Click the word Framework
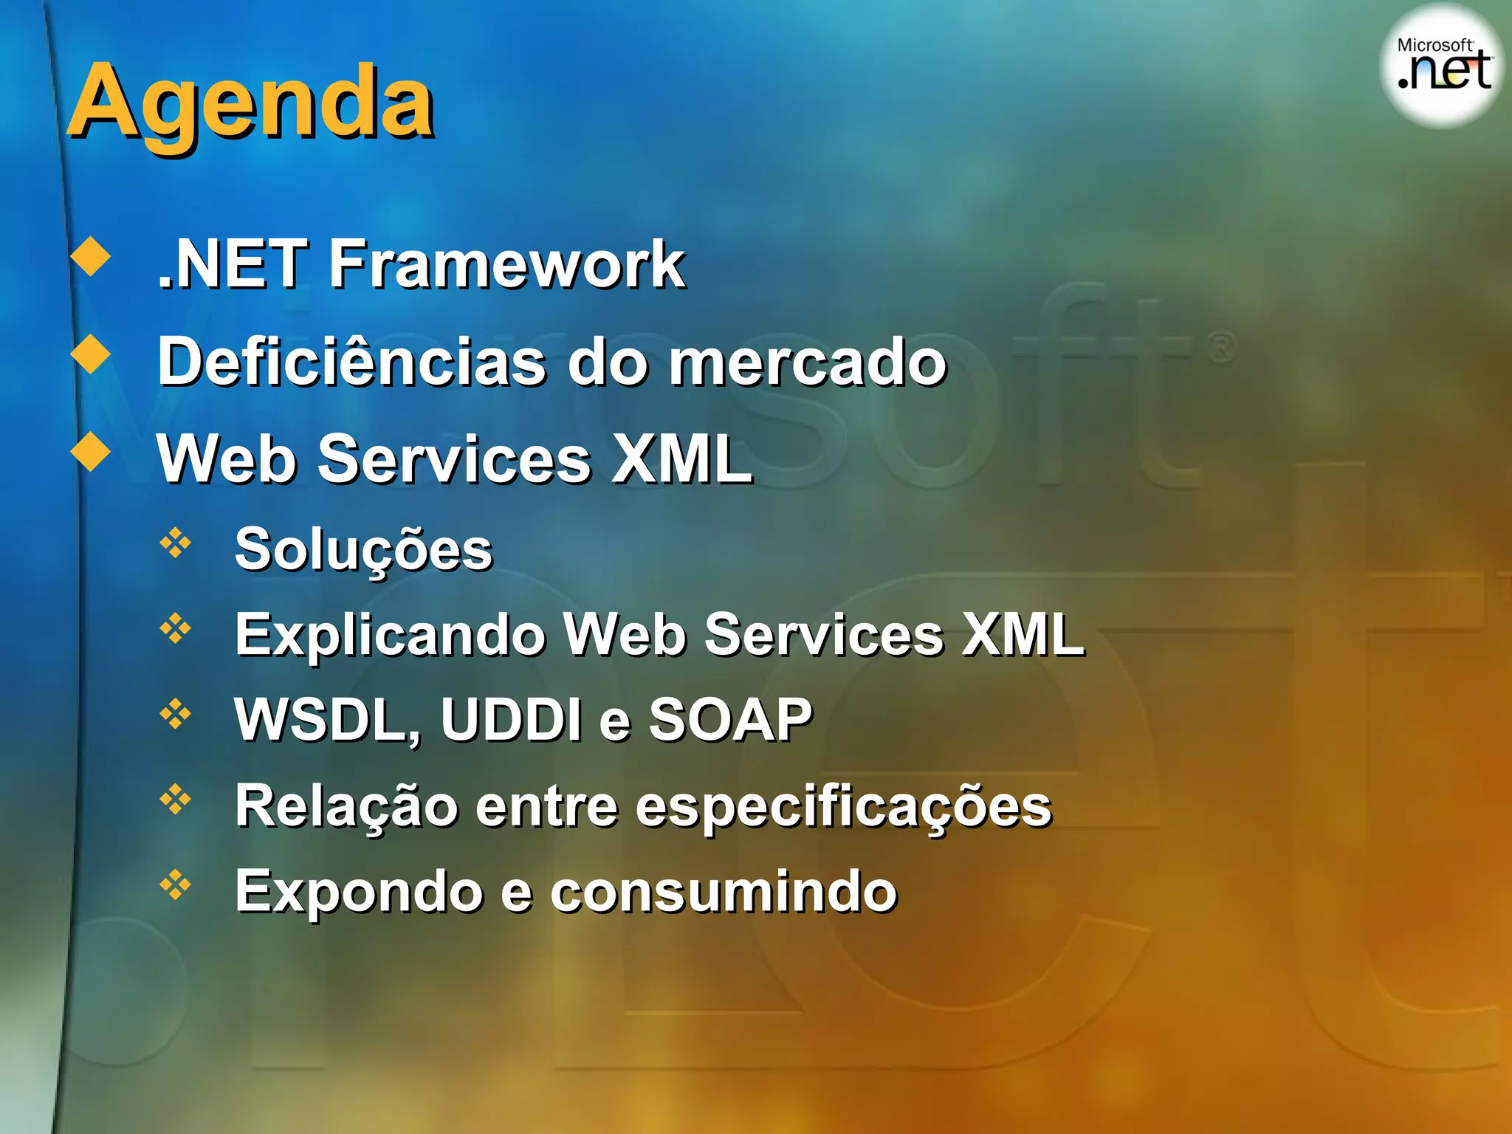[506, 264]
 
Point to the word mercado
[807, 361]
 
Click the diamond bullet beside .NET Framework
[91, 256]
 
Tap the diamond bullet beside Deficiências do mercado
[91, 354]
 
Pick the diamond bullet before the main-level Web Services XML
[91, 451]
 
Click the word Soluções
[363, 551]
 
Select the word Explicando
[389, 635]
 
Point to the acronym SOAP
[730, 720]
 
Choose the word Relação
[346, 806]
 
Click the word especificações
[842, 806]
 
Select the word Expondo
[359, 892]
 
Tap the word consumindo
[724, 892]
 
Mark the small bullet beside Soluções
[175, 543]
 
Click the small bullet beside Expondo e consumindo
[175, 884]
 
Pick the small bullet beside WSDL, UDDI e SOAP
[175, 713]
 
